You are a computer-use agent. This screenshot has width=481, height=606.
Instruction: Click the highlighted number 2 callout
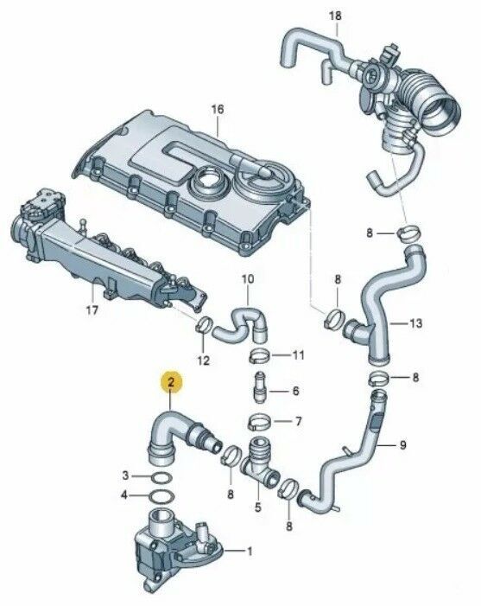pyautogui.click(x=171, y=382)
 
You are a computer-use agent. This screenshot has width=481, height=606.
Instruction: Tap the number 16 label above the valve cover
pyautogui.click(x=218, y=110)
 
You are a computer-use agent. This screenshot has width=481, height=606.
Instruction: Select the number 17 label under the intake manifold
pyautogui.click(x=92, y=309)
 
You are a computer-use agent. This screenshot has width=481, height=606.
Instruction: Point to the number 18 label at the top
pyautogui.click(x=335, y=16)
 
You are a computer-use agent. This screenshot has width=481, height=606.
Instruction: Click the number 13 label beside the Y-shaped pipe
pyautogui.click(x=415, y=322)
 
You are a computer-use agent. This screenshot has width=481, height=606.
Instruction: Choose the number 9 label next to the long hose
pyautogui.click(x=402, y=445)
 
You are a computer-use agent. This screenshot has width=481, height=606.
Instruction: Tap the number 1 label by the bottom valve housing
pyautogui.click(x=250, y=552)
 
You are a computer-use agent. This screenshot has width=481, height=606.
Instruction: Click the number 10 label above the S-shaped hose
pyautogui.click(x=248, y=278)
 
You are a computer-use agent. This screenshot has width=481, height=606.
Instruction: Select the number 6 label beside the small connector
pyautogui.click(x=295, y=391)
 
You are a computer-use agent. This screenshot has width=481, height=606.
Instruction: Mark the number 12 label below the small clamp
pyautogui.click(x=204, y=360)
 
